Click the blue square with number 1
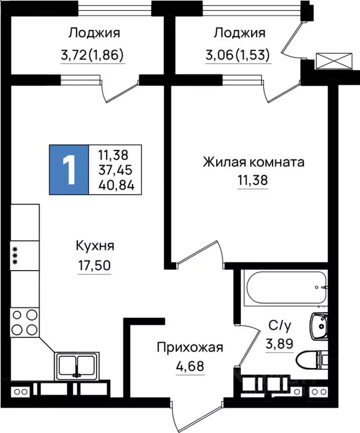point(69,169)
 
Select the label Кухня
point(95,246)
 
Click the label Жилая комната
point(254,163)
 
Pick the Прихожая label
point(190,347)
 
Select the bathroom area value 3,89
point(279,343)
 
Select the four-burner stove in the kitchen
point(25,322)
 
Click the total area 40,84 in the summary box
point(116,185)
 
